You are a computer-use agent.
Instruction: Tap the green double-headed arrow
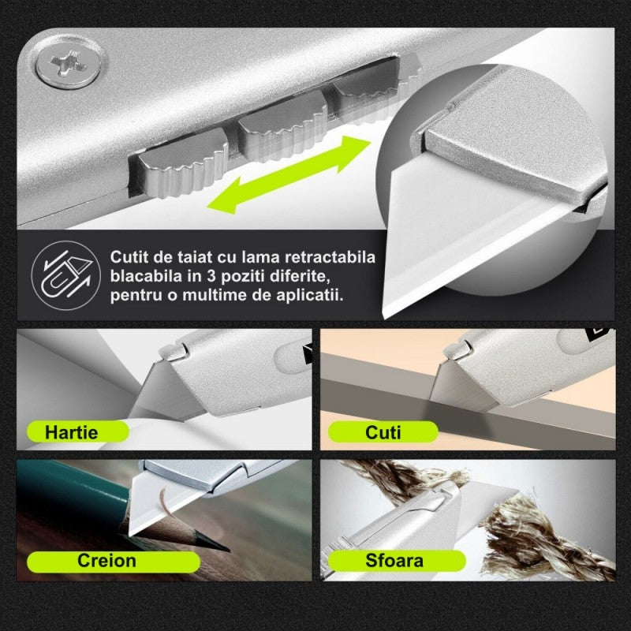(289, 174)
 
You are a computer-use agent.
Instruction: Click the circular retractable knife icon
(66, 275)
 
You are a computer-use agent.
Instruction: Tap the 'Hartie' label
(71, 432)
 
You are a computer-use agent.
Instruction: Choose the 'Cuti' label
(383, 432)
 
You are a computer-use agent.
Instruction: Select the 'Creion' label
(106, 561)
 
